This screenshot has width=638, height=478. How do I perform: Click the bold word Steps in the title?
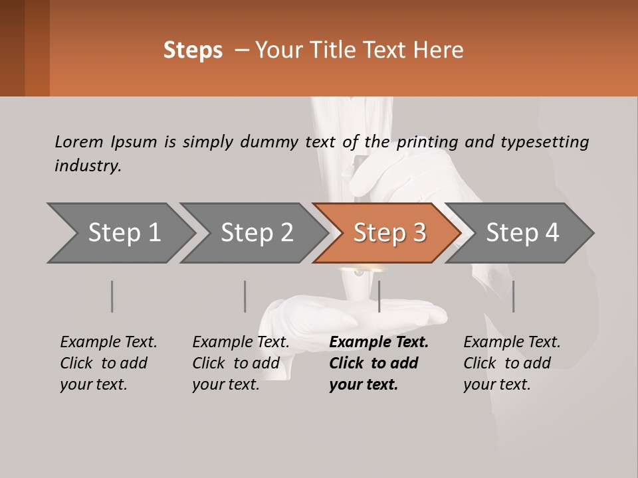tap(193, 50)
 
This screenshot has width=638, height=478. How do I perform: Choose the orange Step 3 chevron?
tap(388, 233)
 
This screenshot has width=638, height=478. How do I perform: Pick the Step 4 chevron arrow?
tap(522, 233)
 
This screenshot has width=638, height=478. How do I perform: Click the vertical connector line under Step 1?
tap(112, 296)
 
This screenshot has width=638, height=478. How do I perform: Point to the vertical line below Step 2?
tap(245, 296)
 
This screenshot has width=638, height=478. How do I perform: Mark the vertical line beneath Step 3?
tap(379, 296)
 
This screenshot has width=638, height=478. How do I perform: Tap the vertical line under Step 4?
tap(513, 296)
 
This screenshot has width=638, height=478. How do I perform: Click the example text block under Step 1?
tap(108, 363)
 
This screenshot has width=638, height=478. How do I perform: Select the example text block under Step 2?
tap(241, 363)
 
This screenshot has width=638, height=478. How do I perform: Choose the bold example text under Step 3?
tap(378, 363)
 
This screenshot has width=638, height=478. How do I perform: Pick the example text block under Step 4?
tap(512, 363)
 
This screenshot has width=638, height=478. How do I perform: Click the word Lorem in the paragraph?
tap(79, 142)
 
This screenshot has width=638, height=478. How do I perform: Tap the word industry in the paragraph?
tap(88, 166)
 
